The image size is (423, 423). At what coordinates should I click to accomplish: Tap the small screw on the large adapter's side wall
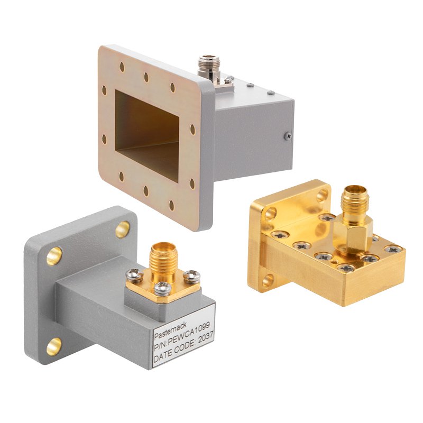[x=287, y=136]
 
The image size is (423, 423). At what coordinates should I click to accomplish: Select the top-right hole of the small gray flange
[x=122, y=228]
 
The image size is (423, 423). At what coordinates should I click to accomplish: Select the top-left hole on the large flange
[x=122, y=67]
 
